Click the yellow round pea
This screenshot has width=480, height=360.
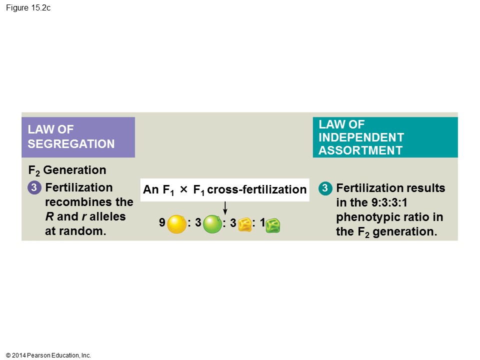(x=176, y=224)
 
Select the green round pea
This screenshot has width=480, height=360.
(x=212, y=224)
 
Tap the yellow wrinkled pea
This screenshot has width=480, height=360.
(x=245, y=225)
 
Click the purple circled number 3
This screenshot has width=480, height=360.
(x=33, y=188)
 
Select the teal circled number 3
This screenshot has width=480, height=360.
(x=325, y=188)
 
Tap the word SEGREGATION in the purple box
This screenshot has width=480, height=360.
(x=71, y=144)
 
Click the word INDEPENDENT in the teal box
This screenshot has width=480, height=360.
(x=361, y=137)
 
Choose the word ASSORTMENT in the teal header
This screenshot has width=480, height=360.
(x=360, y=150)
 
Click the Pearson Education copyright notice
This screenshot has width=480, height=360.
(x=48, y=355)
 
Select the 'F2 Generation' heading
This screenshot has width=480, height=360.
(x=67, y=170)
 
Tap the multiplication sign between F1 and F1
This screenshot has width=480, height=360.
(x=183, y=189)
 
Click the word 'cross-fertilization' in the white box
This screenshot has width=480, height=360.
(x=256, y=190)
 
